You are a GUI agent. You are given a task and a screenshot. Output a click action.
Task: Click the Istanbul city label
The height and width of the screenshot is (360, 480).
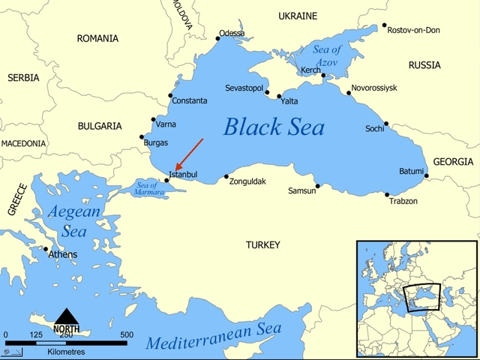[184, 175]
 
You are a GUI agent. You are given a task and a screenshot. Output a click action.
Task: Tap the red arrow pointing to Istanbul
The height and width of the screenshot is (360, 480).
[188, 154]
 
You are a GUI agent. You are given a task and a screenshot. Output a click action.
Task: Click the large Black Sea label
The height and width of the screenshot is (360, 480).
[274, 127]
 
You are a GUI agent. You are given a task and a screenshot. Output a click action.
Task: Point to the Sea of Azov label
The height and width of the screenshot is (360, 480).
[327, 55]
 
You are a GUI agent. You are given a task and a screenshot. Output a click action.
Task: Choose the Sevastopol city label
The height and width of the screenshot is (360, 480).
[244, 88]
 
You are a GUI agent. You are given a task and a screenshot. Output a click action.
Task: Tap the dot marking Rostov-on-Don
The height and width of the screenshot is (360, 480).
[385, 25]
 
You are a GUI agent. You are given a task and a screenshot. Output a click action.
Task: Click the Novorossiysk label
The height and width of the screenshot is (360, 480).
[374, 88]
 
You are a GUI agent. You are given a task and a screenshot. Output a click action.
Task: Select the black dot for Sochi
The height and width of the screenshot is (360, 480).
[387, 124]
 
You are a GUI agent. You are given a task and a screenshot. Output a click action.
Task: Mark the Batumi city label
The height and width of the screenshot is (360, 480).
[411, 171]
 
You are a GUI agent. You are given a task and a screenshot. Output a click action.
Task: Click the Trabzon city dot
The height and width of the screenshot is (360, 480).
[388, 195]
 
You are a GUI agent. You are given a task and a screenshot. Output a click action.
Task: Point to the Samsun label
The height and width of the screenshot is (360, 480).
[302, 191]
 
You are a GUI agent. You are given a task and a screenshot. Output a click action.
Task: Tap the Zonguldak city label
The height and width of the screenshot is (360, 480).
[247, 181]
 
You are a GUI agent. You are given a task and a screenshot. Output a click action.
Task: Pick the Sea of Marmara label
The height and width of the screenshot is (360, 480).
[146, 187]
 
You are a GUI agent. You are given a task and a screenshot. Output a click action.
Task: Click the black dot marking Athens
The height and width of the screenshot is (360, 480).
[46, 249]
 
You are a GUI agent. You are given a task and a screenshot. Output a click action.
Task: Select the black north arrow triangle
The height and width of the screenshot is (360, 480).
[67, 316]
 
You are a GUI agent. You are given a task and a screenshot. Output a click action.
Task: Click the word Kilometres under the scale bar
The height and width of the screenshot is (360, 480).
[66, 351]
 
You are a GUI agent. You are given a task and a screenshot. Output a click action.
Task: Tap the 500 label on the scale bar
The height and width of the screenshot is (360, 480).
[127, 334]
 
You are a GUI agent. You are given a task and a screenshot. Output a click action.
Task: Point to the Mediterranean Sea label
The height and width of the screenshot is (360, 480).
[214, 337]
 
